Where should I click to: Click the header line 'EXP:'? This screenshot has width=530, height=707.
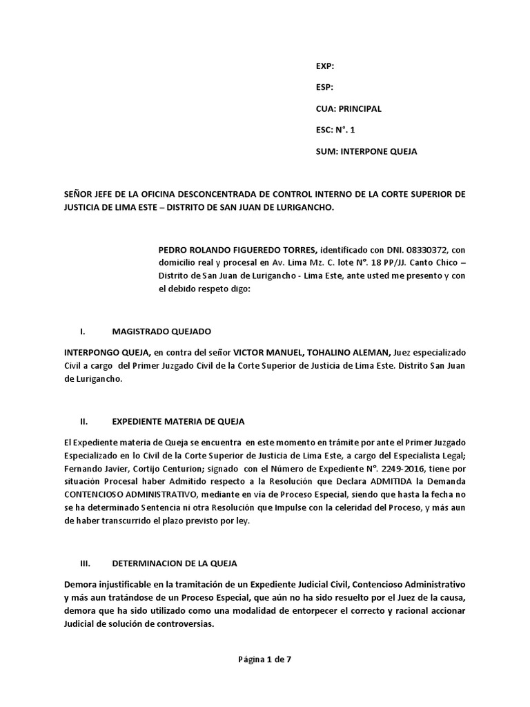[324, 66]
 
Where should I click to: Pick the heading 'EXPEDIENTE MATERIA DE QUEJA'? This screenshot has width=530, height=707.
[178, 421]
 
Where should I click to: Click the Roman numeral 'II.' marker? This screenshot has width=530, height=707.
[84, 421]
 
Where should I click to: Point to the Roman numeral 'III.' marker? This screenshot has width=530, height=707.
[86, 563]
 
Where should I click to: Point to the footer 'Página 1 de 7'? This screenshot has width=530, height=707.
[265, 660]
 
